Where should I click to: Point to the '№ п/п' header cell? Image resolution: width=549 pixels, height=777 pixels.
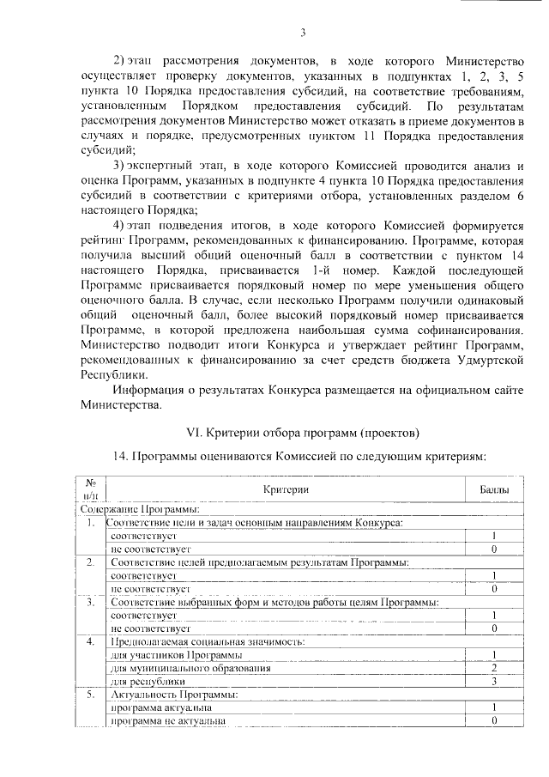[90, 489]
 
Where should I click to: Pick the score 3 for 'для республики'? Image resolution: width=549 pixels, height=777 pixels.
[494, 681]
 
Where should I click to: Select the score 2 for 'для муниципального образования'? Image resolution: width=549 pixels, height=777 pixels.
[494, 667]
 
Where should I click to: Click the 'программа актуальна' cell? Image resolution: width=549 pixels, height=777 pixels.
[158, 707]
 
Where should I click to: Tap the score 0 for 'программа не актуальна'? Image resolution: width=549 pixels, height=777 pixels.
[494, 721]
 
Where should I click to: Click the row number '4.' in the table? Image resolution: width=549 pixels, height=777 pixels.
[90, 640]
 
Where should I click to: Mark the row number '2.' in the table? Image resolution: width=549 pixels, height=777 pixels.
[90, 562]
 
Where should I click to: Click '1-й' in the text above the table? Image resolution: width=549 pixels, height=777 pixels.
[325, 268]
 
